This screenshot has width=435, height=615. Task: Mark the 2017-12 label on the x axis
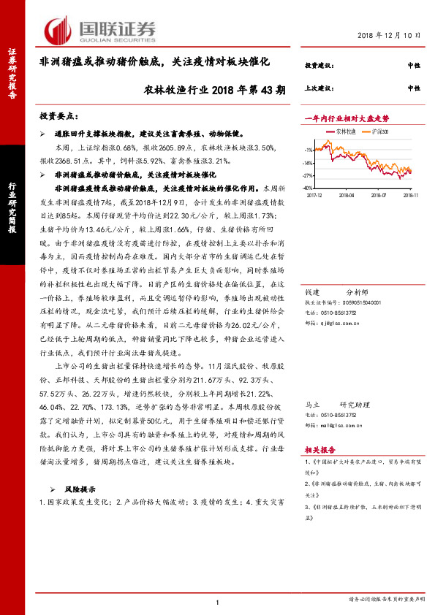pyautogui.click(x=315, y=195)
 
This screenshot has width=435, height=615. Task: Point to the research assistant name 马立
pyautogui.click(x=312, y=403)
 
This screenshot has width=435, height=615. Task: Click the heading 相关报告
pyautogui.click(x=319, y=451)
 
